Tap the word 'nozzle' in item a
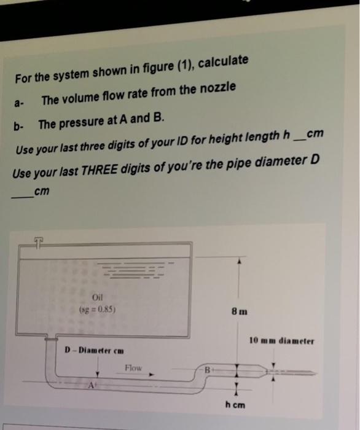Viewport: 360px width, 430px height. [216, 90]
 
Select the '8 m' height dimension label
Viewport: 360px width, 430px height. [241, 311]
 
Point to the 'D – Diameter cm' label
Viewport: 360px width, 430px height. [95, 351]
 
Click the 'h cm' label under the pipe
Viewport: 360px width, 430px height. [235, 405]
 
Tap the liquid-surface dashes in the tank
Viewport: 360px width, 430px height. [136, 271]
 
